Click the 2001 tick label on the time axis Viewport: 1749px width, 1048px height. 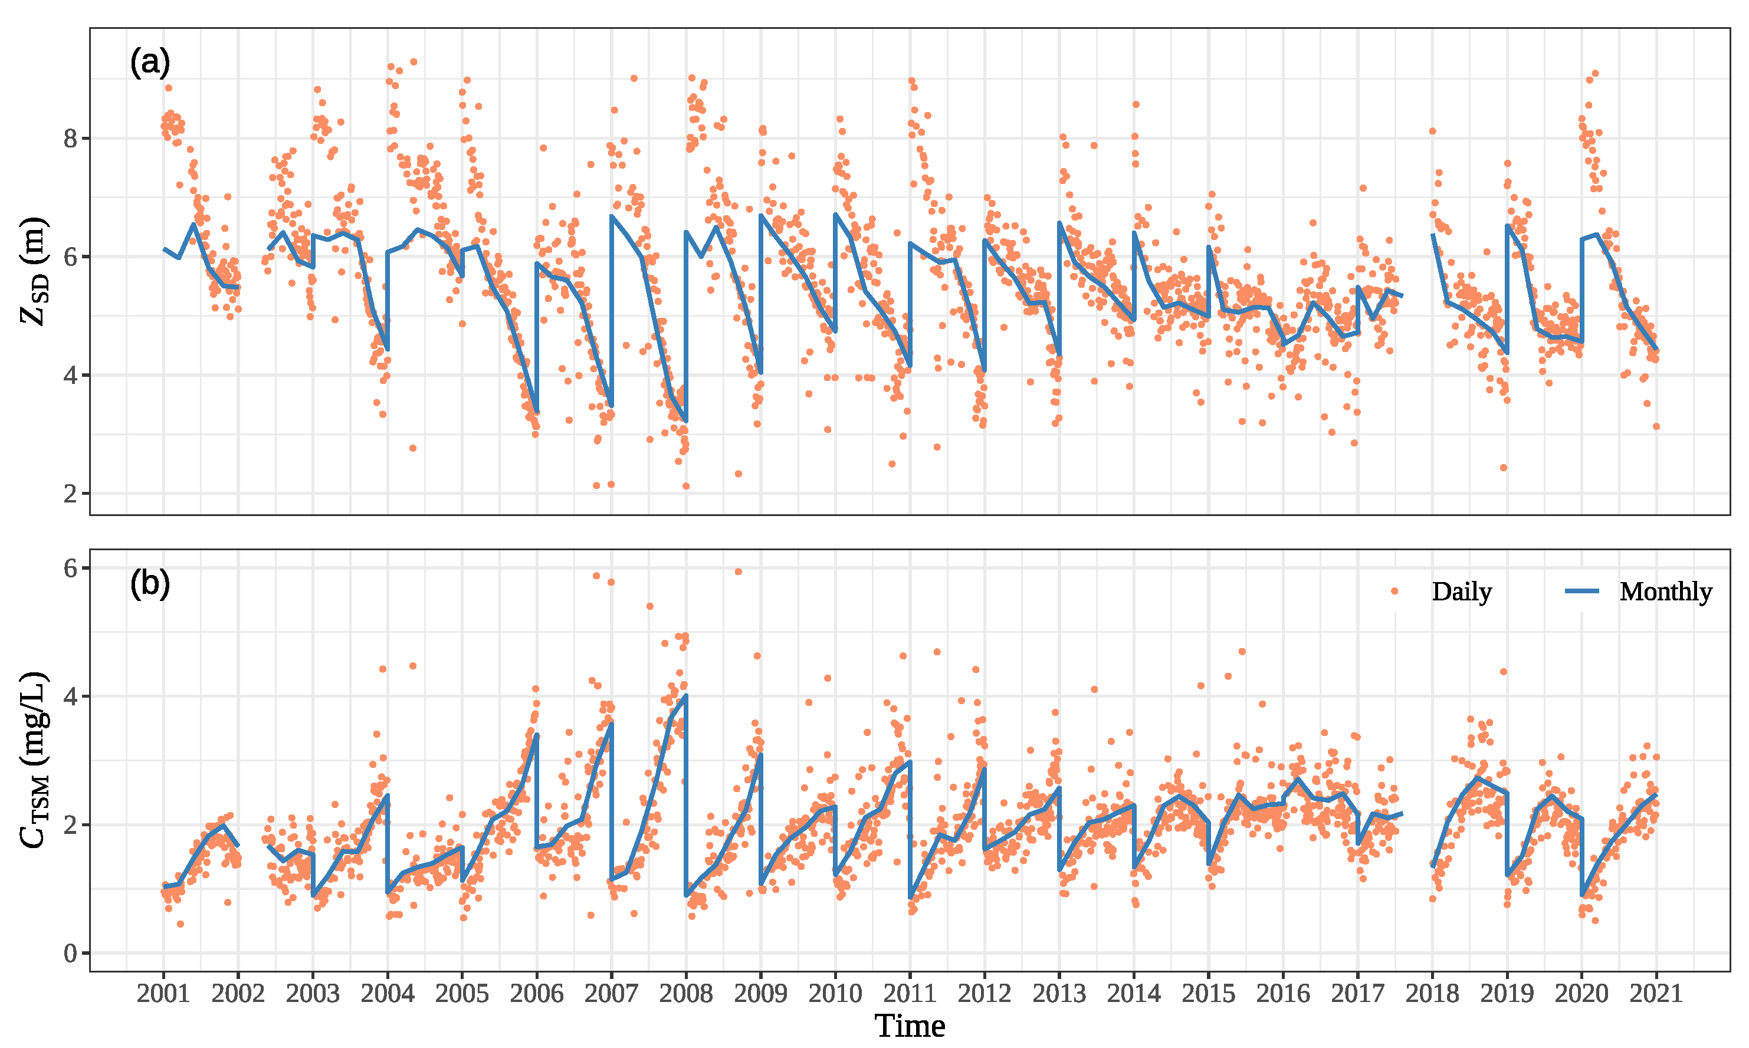click(x=163, y=994)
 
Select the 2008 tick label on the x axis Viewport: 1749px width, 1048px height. click(x=685, y=994)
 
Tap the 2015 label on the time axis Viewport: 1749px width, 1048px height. click(x=1208, y=994)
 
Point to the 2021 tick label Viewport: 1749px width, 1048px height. click(x=1656, y=994)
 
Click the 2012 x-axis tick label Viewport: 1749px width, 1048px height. click(x=984, y=994)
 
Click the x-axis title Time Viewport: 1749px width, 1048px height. click(x=910, y=1026)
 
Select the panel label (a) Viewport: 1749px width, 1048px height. click(x=150, y=63)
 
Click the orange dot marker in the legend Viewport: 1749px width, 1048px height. click(x=1394, y=591)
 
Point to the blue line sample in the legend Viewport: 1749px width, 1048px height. click(x=1581, y=591)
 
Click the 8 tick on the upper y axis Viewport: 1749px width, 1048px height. click(x=70, y=139)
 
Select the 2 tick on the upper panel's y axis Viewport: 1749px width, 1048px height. click(x=70, y=494)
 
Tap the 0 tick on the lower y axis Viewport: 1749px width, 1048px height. click(x=70, y=954)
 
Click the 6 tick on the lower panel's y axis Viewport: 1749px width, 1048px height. click(x=70, y=568)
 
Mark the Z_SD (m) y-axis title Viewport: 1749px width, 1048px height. click(x=34, y=271)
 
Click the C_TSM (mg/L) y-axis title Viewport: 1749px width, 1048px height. click(x=34, y=760)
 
